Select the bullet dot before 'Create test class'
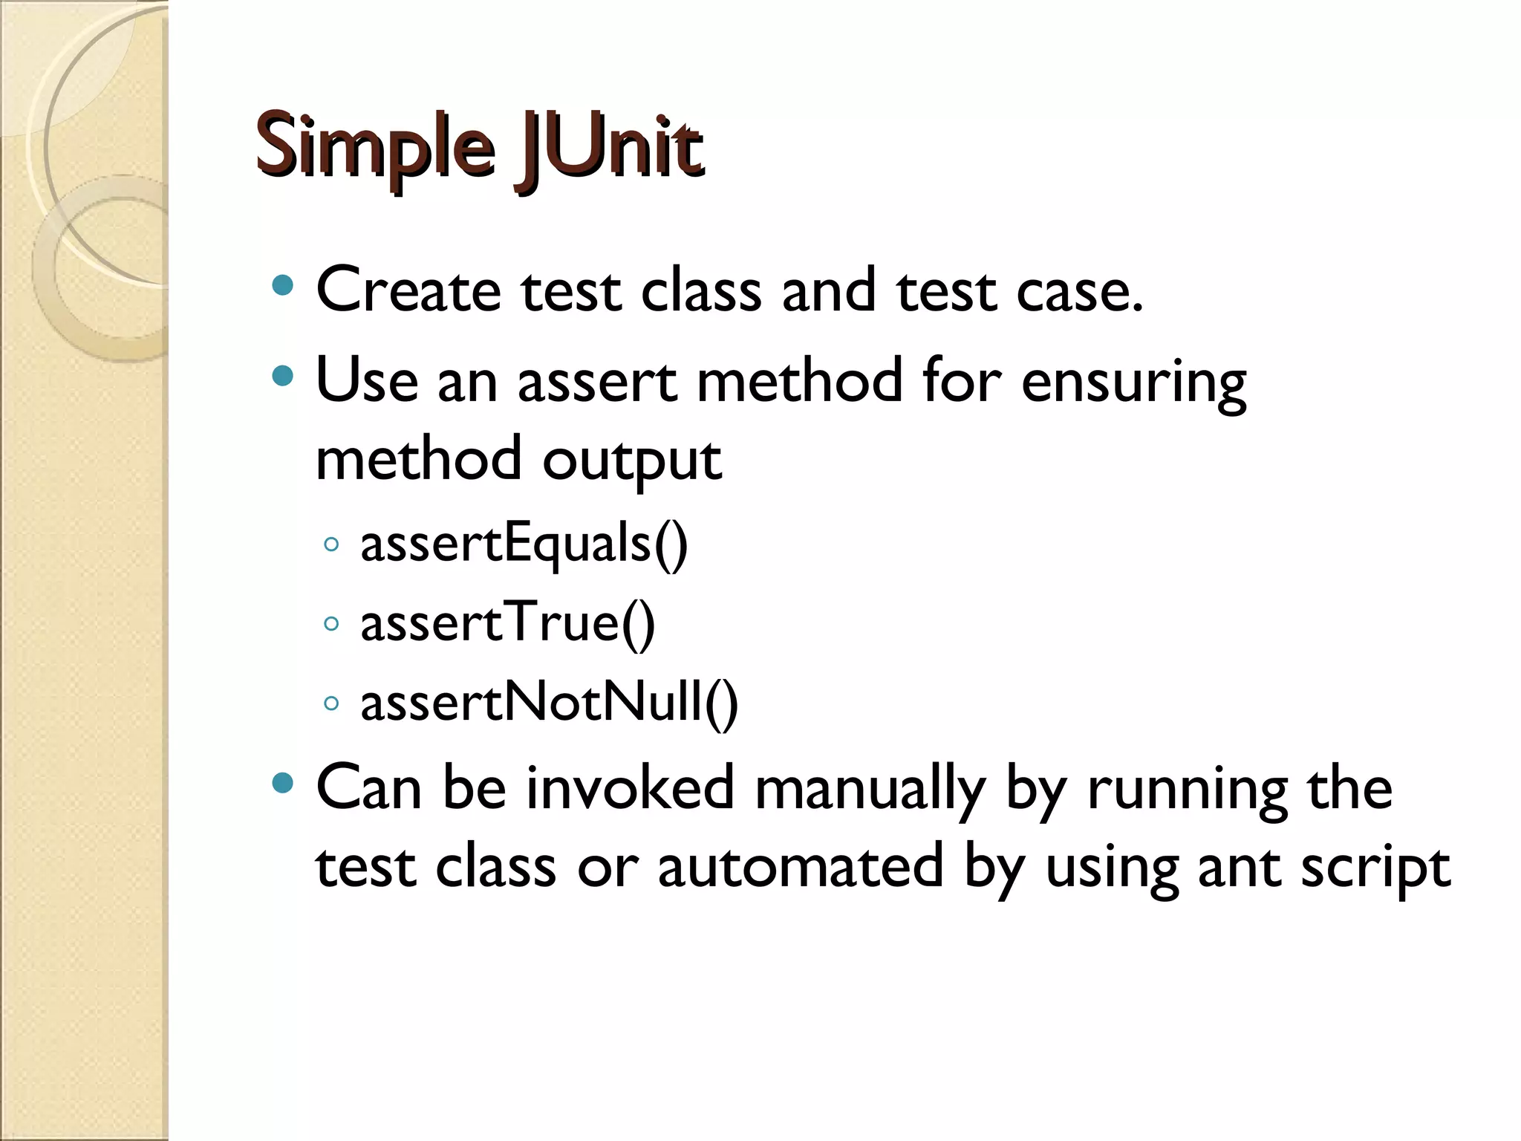point(283,286)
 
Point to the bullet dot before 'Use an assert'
point(283,376)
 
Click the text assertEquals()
point(524,545)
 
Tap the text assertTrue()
point(508,623)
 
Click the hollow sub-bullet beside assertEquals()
point(332,545)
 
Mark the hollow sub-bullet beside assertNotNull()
point(332,703)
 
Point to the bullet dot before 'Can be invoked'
point(283,783)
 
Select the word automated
point(801,866)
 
